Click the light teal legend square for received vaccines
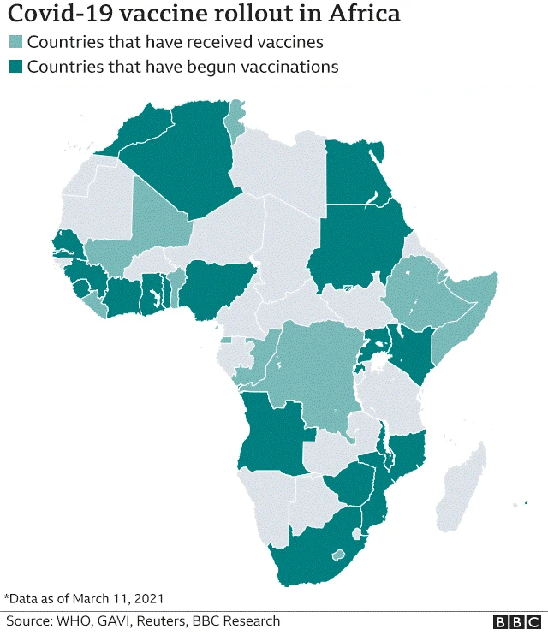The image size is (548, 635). pyautogui.click(x=15, y=43)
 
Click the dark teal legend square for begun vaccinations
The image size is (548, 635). pyautogui.click(x=15, y=67)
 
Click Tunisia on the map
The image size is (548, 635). pyautogui.click(x=233, y=124)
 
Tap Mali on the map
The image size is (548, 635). pyautogui.click(x=158, y=223)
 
